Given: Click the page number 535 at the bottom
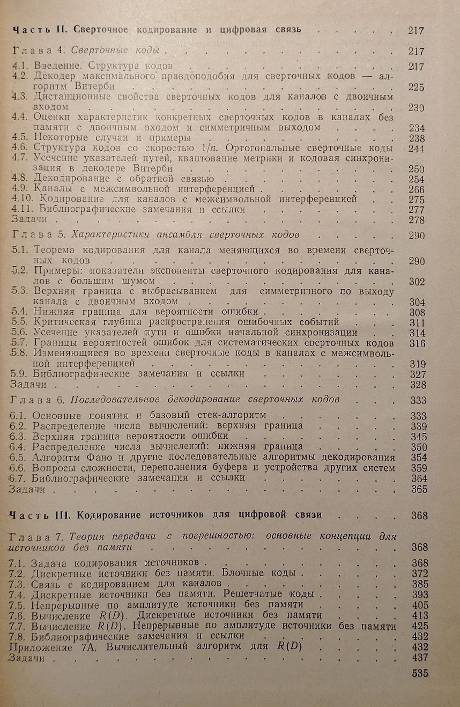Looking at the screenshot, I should pos(420,673).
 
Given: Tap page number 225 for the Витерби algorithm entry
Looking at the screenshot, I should pos(416,87).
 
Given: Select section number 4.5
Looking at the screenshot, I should pos(20,138).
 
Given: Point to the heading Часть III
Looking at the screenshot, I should pos(39,515).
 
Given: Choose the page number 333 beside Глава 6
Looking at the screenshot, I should pos(418,400).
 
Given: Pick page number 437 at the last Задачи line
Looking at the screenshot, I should pos(420,658).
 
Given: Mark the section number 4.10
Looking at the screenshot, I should pos(23,199).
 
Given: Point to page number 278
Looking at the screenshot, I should pos(417,220).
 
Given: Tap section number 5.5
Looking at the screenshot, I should pos(20,322).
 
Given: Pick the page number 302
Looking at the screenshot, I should pos(417,282).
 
